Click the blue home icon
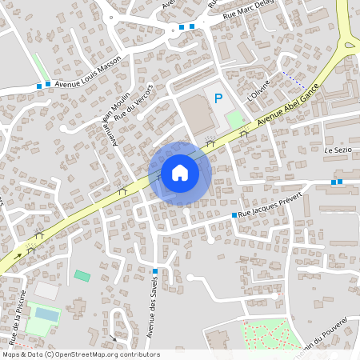[x=180, y=173]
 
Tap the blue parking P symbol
[x=218, y=98]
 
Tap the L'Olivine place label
[x=260, y=89]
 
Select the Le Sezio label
[x=338, y=150]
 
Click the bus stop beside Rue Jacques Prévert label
[x=234, y=215]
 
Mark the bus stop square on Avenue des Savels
[x=154, y=271]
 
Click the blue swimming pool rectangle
[x=46, y=315]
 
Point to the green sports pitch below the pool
[x=38, y=328]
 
